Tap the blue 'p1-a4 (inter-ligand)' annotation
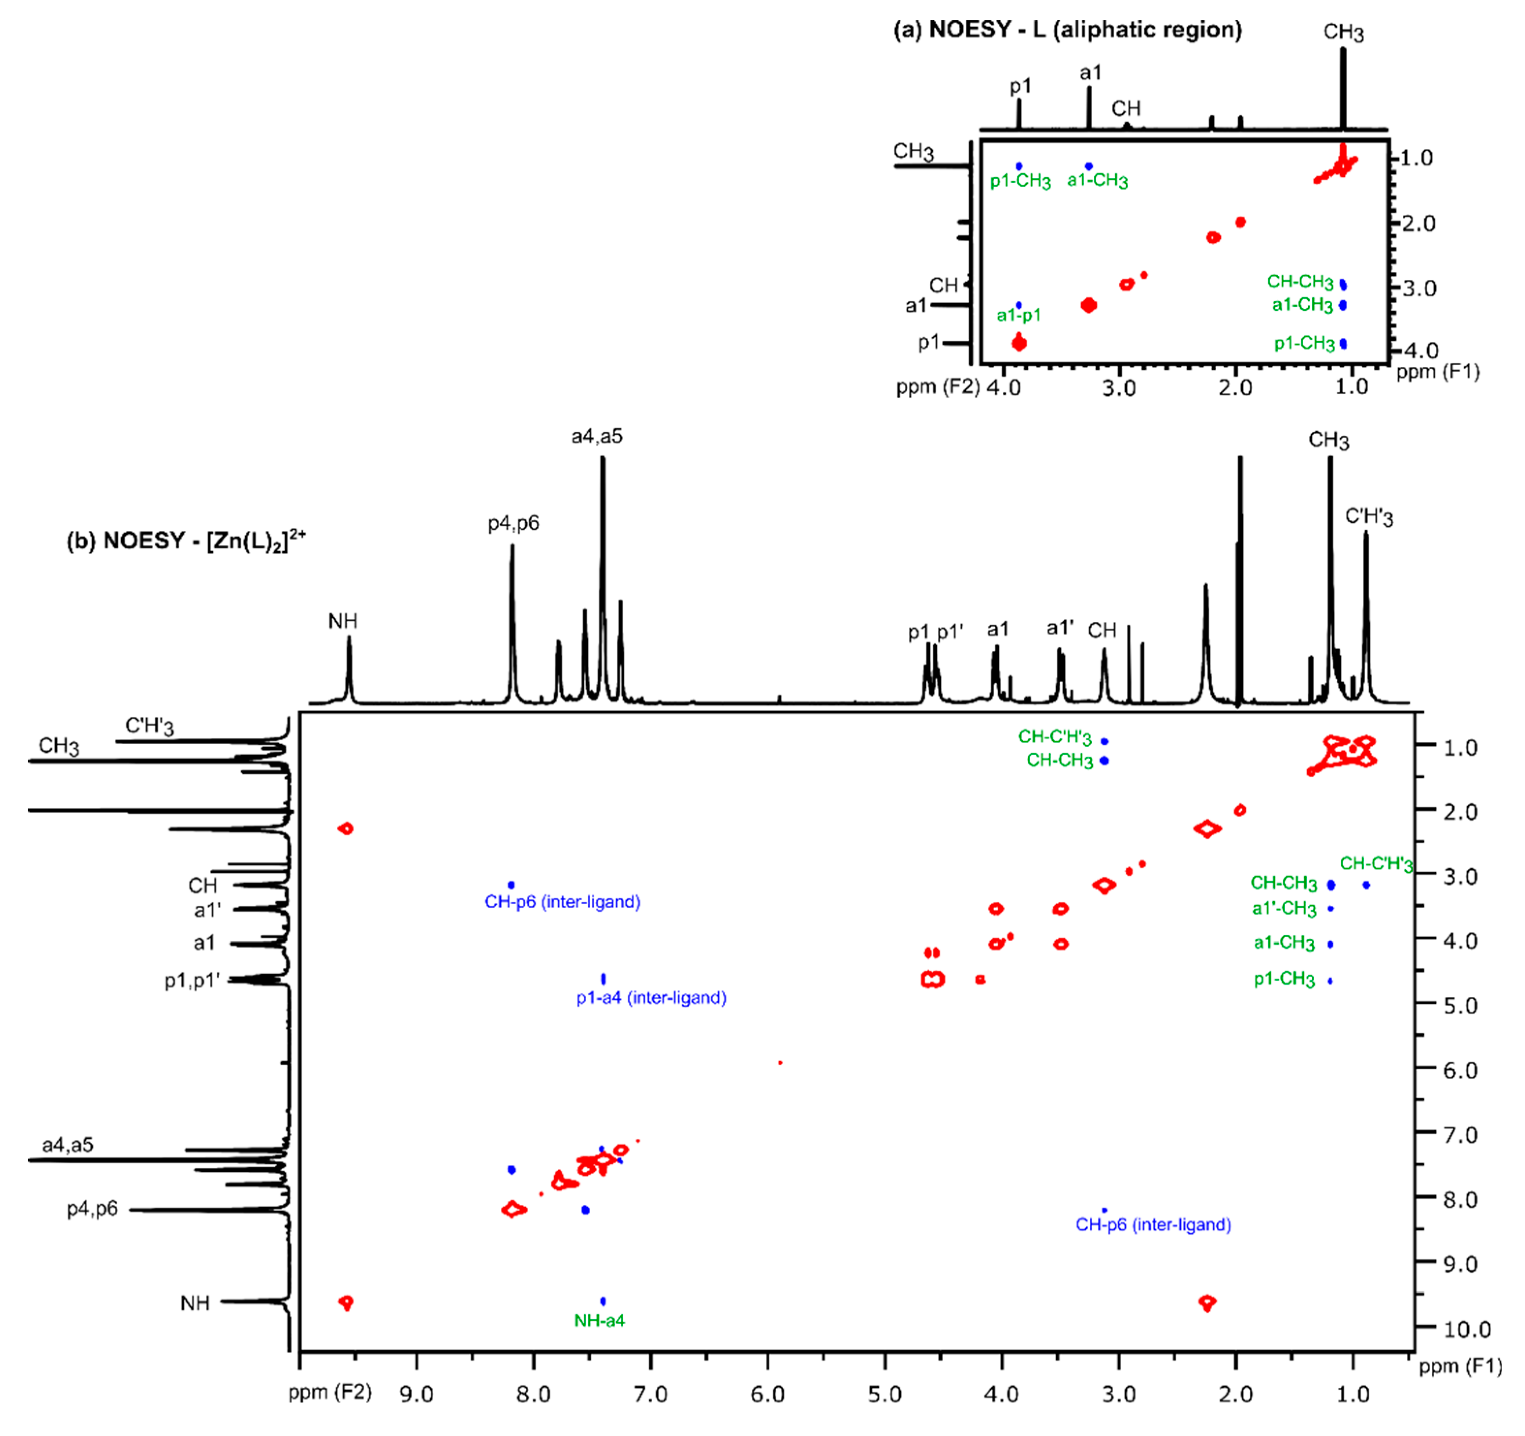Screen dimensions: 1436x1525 click(651, 998)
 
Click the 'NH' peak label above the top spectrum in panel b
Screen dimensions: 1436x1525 click(343, 621)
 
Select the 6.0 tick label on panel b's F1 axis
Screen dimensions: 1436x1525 click(1460, 1069)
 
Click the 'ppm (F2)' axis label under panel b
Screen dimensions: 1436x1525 click(330, 1391)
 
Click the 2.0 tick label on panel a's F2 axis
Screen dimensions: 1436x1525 click(1235, 387)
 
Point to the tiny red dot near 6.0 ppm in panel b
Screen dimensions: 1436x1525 click(780, 1063)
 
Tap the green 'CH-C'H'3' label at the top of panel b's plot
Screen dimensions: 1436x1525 click(1055, 737)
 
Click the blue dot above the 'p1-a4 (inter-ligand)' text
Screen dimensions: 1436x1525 click(604, 978)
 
